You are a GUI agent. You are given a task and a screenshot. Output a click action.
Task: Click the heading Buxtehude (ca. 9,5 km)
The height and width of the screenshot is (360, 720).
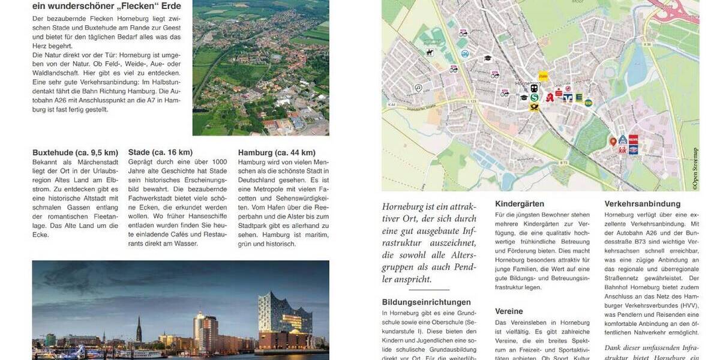pos(75,152)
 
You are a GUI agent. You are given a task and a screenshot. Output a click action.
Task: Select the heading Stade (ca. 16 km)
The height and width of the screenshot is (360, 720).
pos(160,152)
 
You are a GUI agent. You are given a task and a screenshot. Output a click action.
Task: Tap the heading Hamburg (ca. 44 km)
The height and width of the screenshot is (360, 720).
pos(277,152)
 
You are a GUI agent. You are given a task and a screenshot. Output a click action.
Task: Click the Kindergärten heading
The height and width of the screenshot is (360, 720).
pos(520,204)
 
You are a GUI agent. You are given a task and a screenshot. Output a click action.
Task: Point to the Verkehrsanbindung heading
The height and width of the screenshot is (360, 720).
pos(643,204)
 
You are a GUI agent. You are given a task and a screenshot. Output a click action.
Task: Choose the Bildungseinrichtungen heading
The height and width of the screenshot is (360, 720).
pos(427,302)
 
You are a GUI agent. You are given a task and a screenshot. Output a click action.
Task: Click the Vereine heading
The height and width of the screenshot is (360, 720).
pos(509,311)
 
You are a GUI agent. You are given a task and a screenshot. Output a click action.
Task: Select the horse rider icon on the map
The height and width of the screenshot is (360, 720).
pos(430,53)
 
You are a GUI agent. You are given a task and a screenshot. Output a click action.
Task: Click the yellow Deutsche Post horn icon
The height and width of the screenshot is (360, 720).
pos(533,107)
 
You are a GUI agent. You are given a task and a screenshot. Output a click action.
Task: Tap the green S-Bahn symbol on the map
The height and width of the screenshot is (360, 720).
pos(533,98)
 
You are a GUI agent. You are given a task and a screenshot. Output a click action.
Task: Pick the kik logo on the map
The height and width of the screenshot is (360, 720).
pos(622,150)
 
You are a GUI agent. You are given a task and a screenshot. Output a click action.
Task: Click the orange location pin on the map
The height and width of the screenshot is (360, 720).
pos(613,142)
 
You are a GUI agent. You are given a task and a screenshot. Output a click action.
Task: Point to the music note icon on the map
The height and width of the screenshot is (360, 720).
pos(418,88)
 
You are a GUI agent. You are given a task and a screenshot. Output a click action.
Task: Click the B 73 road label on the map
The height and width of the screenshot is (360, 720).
pos(563,162)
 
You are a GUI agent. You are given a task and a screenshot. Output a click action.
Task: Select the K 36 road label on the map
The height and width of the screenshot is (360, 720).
pos(647,44)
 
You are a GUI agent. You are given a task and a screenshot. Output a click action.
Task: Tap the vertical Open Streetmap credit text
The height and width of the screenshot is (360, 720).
pos(695,168)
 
